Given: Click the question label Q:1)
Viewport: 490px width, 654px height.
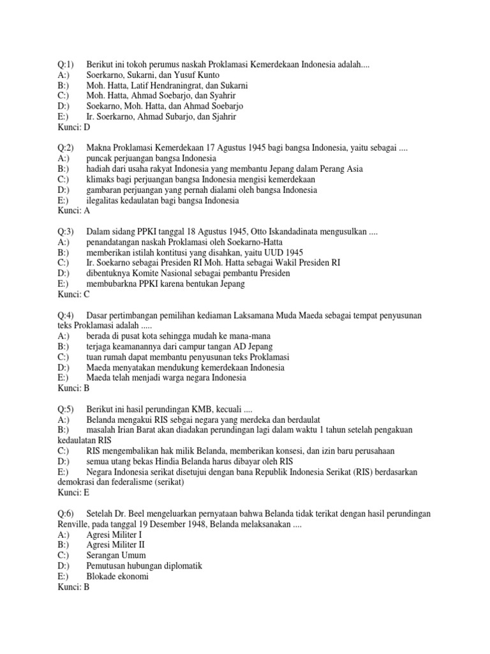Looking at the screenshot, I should pos(66,65).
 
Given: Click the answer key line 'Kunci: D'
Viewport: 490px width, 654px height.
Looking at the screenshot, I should pos(74,126).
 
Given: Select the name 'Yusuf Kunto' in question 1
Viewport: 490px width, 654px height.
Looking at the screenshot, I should pos(191,75).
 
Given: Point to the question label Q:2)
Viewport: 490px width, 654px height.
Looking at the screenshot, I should pos(66,148).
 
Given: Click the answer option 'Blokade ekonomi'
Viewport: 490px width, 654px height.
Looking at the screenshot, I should pos(117,575).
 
